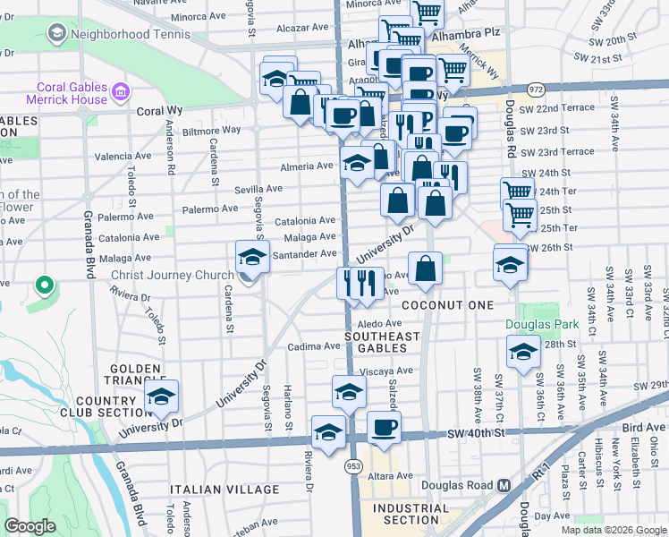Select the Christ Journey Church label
click(166, 275)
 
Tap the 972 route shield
click(536, 89)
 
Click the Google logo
click(30, 525)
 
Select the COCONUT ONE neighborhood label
click(447, 305)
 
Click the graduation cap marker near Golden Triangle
click(161, 396)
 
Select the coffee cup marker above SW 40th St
click(384, 428)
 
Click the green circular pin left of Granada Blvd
click(43, 286)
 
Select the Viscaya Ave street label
click(385, 371)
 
